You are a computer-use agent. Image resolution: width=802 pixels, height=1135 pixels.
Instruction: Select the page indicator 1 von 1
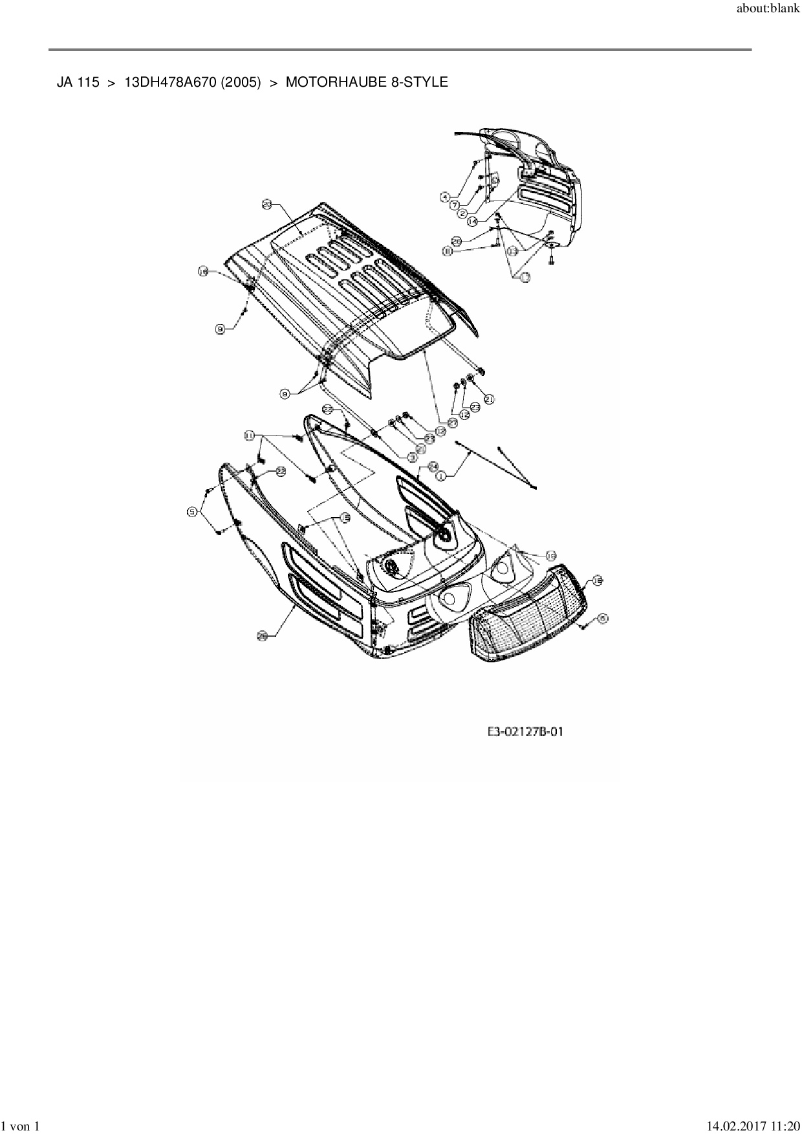tap(21, 1127)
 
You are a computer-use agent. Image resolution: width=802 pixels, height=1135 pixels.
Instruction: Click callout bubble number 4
tap(445, 195)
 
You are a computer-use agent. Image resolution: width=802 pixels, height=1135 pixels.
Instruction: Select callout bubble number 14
tap(473, 221)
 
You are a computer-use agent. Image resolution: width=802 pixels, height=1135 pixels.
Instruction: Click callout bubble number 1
tap(442, 476)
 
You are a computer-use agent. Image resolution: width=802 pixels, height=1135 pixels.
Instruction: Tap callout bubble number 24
tap(433, 466)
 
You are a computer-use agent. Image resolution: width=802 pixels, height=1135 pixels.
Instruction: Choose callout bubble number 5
tap(191, 512)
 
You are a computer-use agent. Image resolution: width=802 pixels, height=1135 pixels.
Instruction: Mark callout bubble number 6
tap(603, 619)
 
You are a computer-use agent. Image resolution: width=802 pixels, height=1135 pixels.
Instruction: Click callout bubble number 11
tap(249, 435)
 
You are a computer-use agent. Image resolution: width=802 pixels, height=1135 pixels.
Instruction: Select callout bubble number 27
tap(452, 422)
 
